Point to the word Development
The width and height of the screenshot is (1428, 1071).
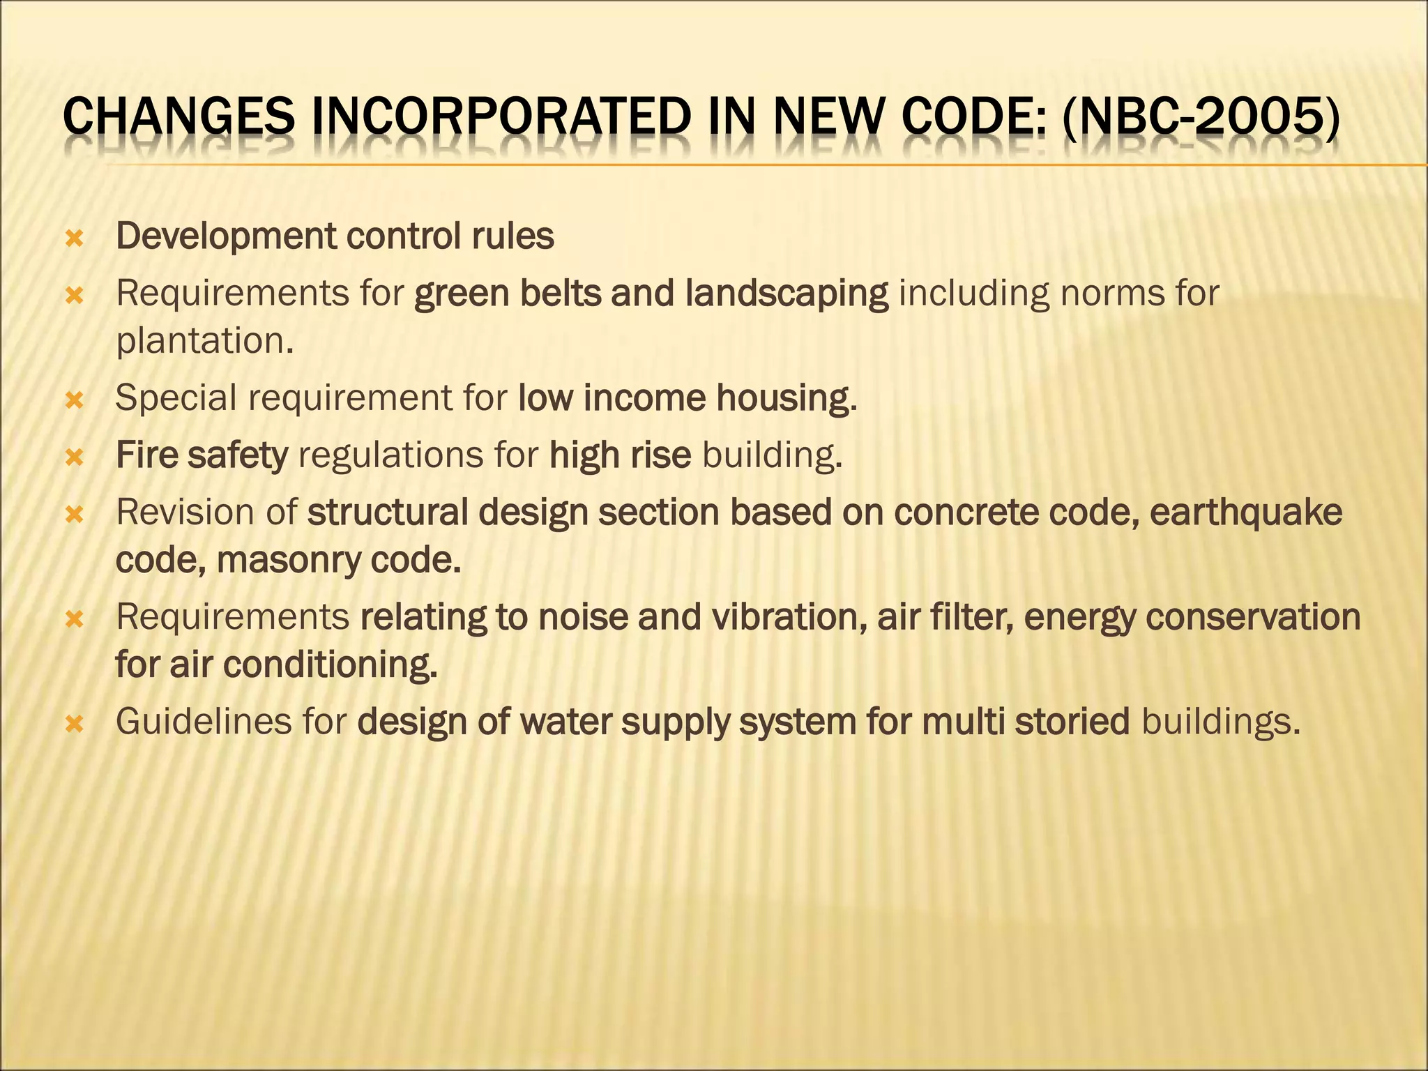225,237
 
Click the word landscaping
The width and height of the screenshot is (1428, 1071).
787,294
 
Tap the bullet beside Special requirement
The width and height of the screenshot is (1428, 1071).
74,401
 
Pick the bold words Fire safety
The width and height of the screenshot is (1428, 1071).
202,455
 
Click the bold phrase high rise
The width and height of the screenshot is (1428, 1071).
620,455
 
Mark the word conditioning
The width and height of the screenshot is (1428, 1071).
330,664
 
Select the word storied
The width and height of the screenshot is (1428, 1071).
1072,722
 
